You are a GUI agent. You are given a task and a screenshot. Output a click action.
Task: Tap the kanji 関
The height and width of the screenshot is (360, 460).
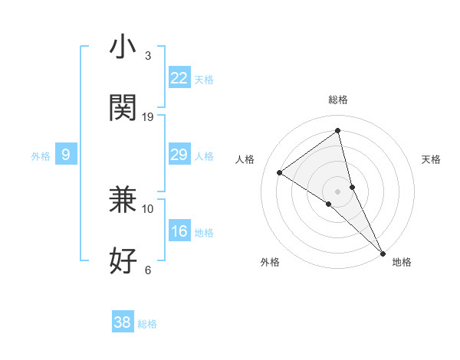click(123, 108)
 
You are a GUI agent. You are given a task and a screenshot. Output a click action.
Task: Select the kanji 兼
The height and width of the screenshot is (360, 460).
click(123, 200)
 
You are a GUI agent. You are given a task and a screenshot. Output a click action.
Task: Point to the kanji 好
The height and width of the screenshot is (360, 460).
click(123, 261)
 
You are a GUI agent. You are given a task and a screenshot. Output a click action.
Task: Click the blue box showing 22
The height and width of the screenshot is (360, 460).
click(179, 78)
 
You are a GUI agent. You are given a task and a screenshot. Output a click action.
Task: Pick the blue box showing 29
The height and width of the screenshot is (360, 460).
click(179, 155)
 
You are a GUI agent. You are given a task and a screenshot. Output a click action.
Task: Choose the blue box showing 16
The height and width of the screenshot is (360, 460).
click(179, 231)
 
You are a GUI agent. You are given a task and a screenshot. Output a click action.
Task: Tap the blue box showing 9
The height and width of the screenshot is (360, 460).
click(66, 155)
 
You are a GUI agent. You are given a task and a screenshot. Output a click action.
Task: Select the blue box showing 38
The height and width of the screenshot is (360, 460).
click(122, 322)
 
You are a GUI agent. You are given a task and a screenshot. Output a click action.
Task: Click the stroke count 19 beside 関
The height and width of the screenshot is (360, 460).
click(148, 116)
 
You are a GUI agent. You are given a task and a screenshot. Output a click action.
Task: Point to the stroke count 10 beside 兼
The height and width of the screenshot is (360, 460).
click(148, 208)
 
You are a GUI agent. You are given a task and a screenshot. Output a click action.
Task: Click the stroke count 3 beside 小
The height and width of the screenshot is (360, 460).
click(148, 55)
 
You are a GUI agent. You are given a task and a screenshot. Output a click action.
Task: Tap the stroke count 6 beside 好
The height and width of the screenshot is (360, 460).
click(148, 270)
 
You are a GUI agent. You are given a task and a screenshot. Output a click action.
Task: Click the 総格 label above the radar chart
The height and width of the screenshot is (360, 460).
click(338, 100)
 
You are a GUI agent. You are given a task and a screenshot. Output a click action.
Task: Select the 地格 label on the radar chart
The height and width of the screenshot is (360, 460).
click(402, 262)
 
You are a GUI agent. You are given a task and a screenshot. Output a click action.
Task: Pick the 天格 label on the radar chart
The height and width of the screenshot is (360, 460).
click(431, 159)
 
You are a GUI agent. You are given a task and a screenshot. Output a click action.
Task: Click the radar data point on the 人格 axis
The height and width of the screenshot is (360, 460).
click(280, 172)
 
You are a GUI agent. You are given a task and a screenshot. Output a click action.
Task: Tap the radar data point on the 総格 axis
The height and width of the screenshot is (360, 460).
click(338, 130)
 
